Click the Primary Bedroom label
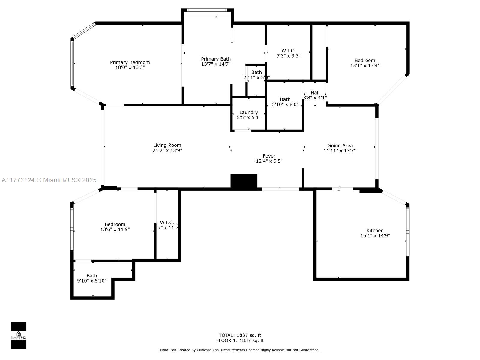pyautogui.click(x=130, y=62)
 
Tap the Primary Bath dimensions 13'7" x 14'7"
pyautogui.click(x=216, y=64)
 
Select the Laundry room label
pyautogui.click(x=248, y=112)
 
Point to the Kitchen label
pyautogui.click(x=375, y=231)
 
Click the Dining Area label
pyautogui.click(x=339, y=145)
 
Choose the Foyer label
pyautogui.click(x=269, y=156)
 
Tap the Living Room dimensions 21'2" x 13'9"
pyautogui.click(x=167, y=150)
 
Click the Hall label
pyautogui.click(x=315, y=93)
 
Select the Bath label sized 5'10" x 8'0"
pyautogui.click(x=285, y=99)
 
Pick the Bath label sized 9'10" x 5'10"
pyautogui.click(x=92, y=276)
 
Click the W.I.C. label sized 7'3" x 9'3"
pyautogui.click(x=288, y=51)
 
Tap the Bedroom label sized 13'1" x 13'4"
pyautogui.click(x=365, y=60)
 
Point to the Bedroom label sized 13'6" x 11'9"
pyautogui.click(x=115, y=224)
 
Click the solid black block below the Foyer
pyautogui.click(x=244, y=181)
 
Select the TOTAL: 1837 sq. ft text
pyautogui.click(x=240, y=335)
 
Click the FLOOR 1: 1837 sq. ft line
pyautogui.click(x=240, y=340)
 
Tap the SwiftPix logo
pyautogui.click(x=19, y=335)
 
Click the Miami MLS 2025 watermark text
pyautogui.click(x=49, y=180)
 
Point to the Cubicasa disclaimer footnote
pyautogui.click(x=240, y=350)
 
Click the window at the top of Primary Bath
pyautogui.click(x=207, y=10)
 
